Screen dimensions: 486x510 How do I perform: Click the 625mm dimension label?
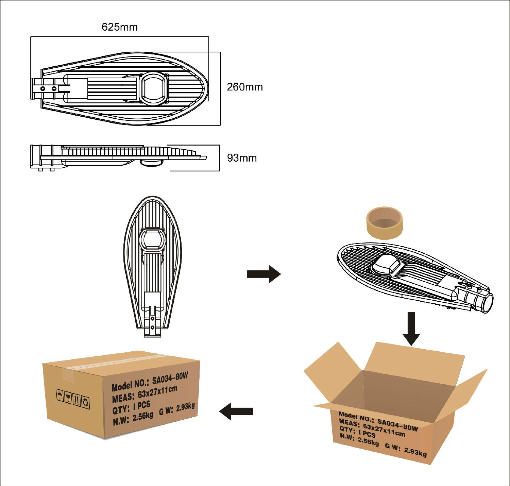tap(120, 27)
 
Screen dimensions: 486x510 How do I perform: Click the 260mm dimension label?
tap(245, 87)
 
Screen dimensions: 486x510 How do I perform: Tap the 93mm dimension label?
tap(242, 158)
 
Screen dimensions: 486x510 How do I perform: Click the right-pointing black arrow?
tap(264, 274)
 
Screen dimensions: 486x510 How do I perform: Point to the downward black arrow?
tap(411, 328)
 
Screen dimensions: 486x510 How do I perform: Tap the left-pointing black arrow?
tap(236, 411)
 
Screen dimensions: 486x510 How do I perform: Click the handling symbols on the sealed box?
tap(73, 398)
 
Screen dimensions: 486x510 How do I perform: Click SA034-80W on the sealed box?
tap(170, 379)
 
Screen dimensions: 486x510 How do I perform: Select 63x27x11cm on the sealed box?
tap(157, 392)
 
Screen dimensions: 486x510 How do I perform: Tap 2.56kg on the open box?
tap(368, 441)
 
